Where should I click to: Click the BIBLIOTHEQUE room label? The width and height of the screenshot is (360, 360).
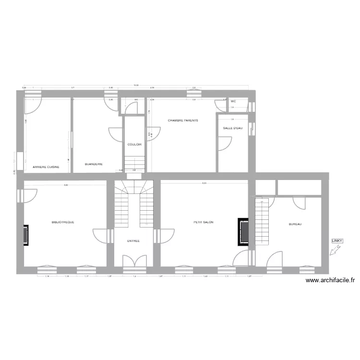63,222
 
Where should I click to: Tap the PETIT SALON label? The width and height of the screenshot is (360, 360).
204,222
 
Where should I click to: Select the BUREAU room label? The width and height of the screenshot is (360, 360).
295,224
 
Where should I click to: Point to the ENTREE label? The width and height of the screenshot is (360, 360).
133,241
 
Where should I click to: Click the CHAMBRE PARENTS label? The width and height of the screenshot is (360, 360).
183,120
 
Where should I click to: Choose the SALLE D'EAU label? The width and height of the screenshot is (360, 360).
233,128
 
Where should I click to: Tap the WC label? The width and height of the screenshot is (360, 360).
233,102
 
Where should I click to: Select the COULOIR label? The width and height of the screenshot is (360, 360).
134,144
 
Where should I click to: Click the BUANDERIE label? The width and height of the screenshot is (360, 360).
94,164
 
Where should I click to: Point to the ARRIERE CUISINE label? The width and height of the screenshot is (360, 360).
46,167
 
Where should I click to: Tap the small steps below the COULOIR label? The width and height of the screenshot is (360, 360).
134,162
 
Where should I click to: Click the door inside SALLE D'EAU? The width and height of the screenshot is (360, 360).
224,143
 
